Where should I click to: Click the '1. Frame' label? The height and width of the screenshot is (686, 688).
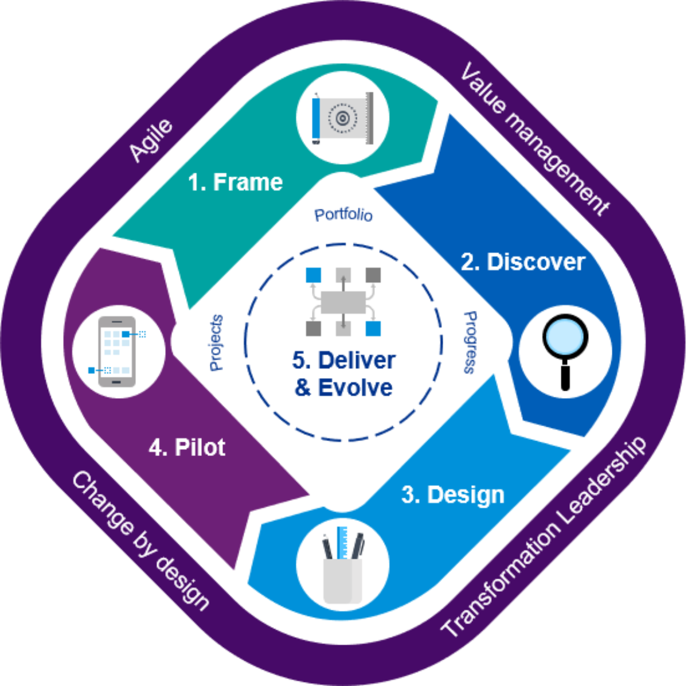click(236, 182)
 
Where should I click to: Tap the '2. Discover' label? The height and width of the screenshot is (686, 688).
click(523, 262)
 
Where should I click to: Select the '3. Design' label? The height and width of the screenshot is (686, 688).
click(452, 495)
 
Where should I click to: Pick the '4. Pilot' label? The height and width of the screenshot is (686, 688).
click(187, 447)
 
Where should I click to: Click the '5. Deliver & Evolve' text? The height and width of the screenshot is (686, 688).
click(343, 374)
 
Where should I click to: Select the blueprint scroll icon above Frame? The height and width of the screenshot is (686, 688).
click(342, 118)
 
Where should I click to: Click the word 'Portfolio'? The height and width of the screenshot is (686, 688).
click(343, 215)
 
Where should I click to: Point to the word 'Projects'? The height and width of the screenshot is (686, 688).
click(217, 342)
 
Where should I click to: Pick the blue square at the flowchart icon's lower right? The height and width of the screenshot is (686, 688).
click(373, 328)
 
